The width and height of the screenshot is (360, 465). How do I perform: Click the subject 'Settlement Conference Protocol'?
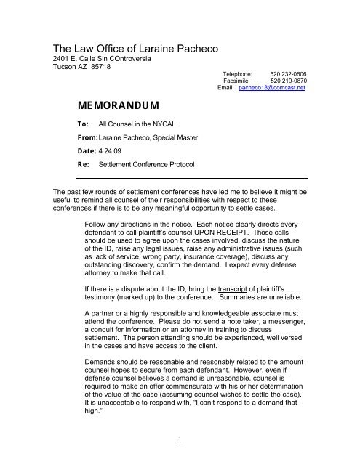157,165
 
